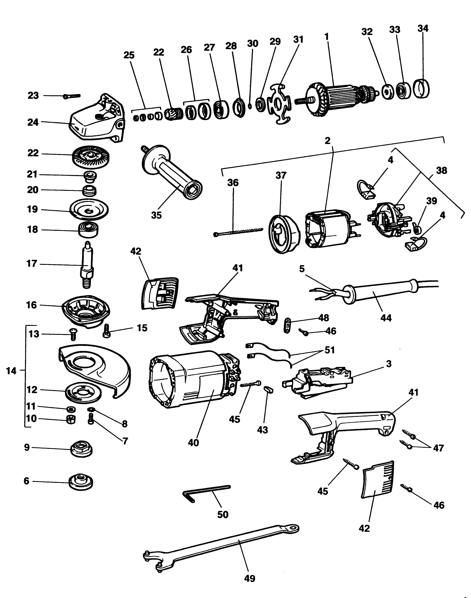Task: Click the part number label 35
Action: click(156, 215)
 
